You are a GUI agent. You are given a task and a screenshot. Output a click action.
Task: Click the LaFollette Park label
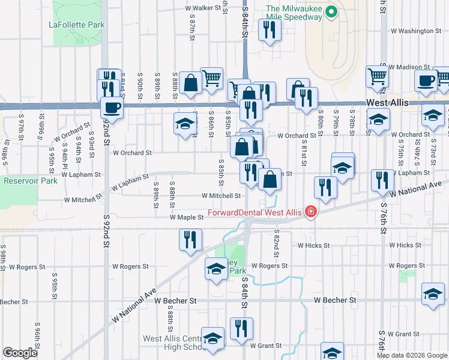[77, 25]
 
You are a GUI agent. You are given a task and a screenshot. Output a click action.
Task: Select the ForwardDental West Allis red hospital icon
[310, 211]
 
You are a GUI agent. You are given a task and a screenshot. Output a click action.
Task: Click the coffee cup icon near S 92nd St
[112, 108]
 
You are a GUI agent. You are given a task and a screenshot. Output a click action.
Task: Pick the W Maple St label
[187, 217]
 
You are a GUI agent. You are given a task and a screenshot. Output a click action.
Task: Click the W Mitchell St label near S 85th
[221, 196]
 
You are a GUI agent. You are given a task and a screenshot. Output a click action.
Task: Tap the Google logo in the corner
[20, 353]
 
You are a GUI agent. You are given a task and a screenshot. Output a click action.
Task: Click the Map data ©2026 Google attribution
[411, 355]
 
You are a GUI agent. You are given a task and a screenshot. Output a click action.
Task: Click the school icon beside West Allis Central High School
[212, 339]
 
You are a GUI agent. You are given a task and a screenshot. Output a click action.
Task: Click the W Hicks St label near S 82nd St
[313, 245]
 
